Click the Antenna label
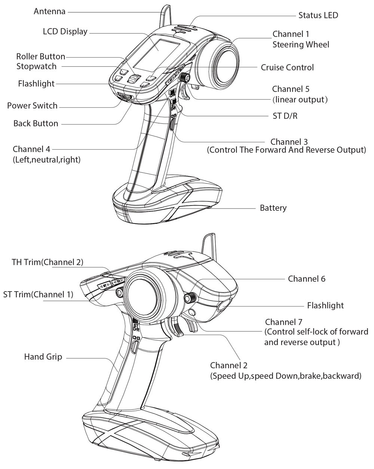click(49, 12)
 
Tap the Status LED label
click(318, 15)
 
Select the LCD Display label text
click(65, 31)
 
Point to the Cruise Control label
click(287, 67)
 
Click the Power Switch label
click(32, 106)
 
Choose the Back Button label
click(36, 123)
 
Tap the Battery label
click(273, 208)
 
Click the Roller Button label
click(41, 57)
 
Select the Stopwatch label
click(37, 66)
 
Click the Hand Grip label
click(43, 357)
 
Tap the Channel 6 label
click(307, 279)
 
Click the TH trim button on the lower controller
click(118, 281)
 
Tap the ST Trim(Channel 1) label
click(38, 294)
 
